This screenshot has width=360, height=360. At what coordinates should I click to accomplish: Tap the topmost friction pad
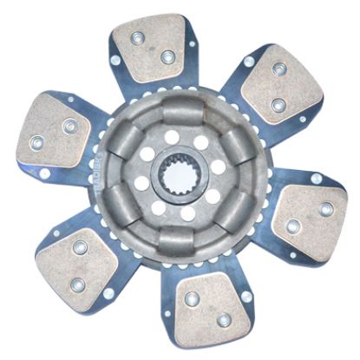[x=153, y=50]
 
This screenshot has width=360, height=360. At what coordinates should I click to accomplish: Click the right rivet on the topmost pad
[x=167, y=57]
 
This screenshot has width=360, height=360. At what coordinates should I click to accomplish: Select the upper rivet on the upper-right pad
[x=279, y=69]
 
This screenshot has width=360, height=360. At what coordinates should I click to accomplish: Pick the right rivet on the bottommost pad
[x=224, y=320]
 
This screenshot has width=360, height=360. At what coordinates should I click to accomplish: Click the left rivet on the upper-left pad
[x=37, y=142]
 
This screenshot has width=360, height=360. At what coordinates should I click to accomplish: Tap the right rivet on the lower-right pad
[x=325, y=209]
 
